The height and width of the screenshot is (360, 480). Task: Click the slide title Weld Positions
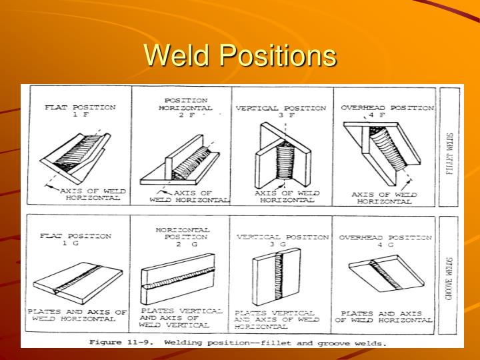[x=240, y=56]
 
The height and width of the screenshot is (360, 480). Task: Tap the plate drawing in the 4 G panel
[x=387, y=273]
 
